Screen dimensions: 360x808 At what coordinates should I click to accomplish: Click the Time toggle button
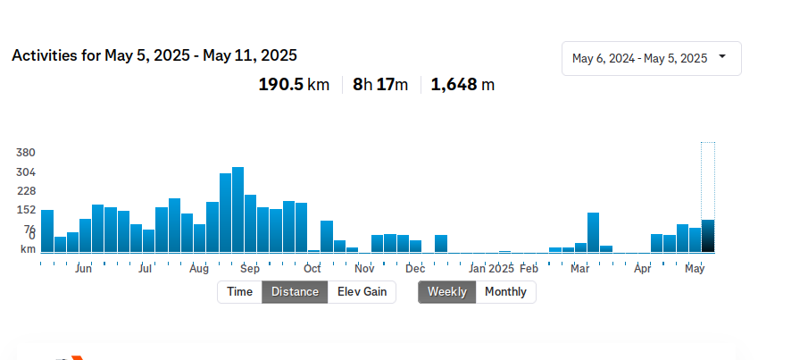pyautogui.click(x=239, y=292)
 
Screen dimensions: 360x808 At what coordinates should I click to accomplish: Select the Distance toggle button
pyautogui.click(x=295, y=292)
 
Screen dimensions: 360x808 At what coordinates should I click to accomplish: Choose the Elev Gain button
pyautogui.click(x=362, y=292)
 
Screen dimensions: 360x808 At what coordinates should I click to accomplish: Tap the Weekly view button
pyautogui.click(x=446, y=292)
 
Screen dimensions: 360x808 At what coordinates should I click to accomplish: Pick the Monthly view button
pyautogui.click(x=505, y=292)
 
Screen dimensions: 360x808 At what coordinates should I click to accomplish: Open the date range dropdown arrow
pyautogui.click(x=721, y=57)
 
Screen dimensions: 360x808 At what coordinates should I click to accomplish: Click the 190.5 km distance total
pyautogui.click(x=294, y=85)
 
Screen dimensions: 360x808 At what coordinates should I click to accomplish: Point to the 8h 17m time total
pyautogui.click(x=380, y=85)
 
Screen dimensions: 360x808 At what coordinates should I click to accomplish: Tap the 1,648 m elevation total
pyautogui.click(x=462, y=85)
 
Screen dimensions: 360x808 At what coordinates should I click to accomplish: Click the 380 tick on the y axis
pyautogui.click(x=25, y=153)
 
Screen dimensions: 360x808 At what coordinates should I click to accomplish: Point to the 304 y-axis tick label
pyautogui.click(x=25, y=172)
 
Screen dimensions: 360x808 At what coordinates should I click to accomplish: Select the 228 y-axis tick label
pyautogui.click(x=25, y=191)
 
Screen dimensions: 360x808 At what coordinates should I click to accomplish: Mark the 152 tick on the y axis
pyautogui.click(x=25, y=210)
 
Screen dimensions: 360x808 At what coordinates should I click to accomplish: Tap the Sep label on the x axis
pyautogui.click(x=250, y=268)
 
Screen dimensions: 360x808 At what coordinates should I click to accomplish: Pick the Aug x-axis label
pyautogui.click(x=199, y=268)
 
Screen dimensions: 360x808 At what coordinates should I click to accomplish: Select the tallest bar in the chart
pyautogui.click(x=237, y=210)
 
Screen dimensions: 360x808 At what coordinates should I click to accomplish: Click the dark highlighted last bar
pyautogui.click(x=708, y=236)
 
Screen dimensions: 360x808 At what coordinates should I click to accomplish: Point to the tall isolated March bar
pyautogui.click(x=593, y=232)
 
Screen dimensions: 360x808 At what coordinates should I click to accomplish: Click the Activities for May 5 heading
pyautogui.click(x=154, y=55)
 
